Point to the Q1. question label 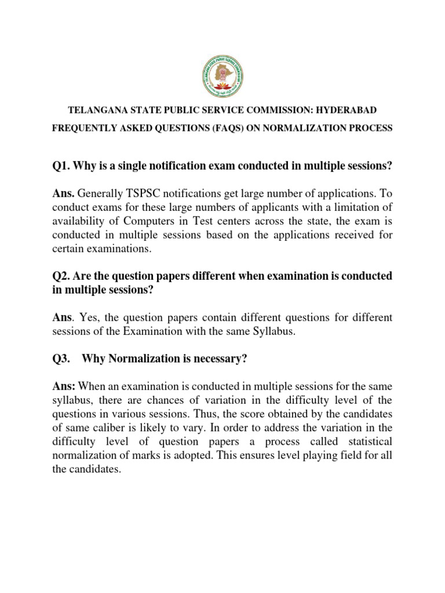tap(61, 166)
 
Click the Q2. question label tap(61, 276)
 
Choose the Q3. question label tap(61, 359)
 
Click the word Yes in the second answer tap(90, 317)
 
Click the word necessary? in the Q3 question tap(222, 359)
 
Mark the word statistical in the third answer tap(369, 442)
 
